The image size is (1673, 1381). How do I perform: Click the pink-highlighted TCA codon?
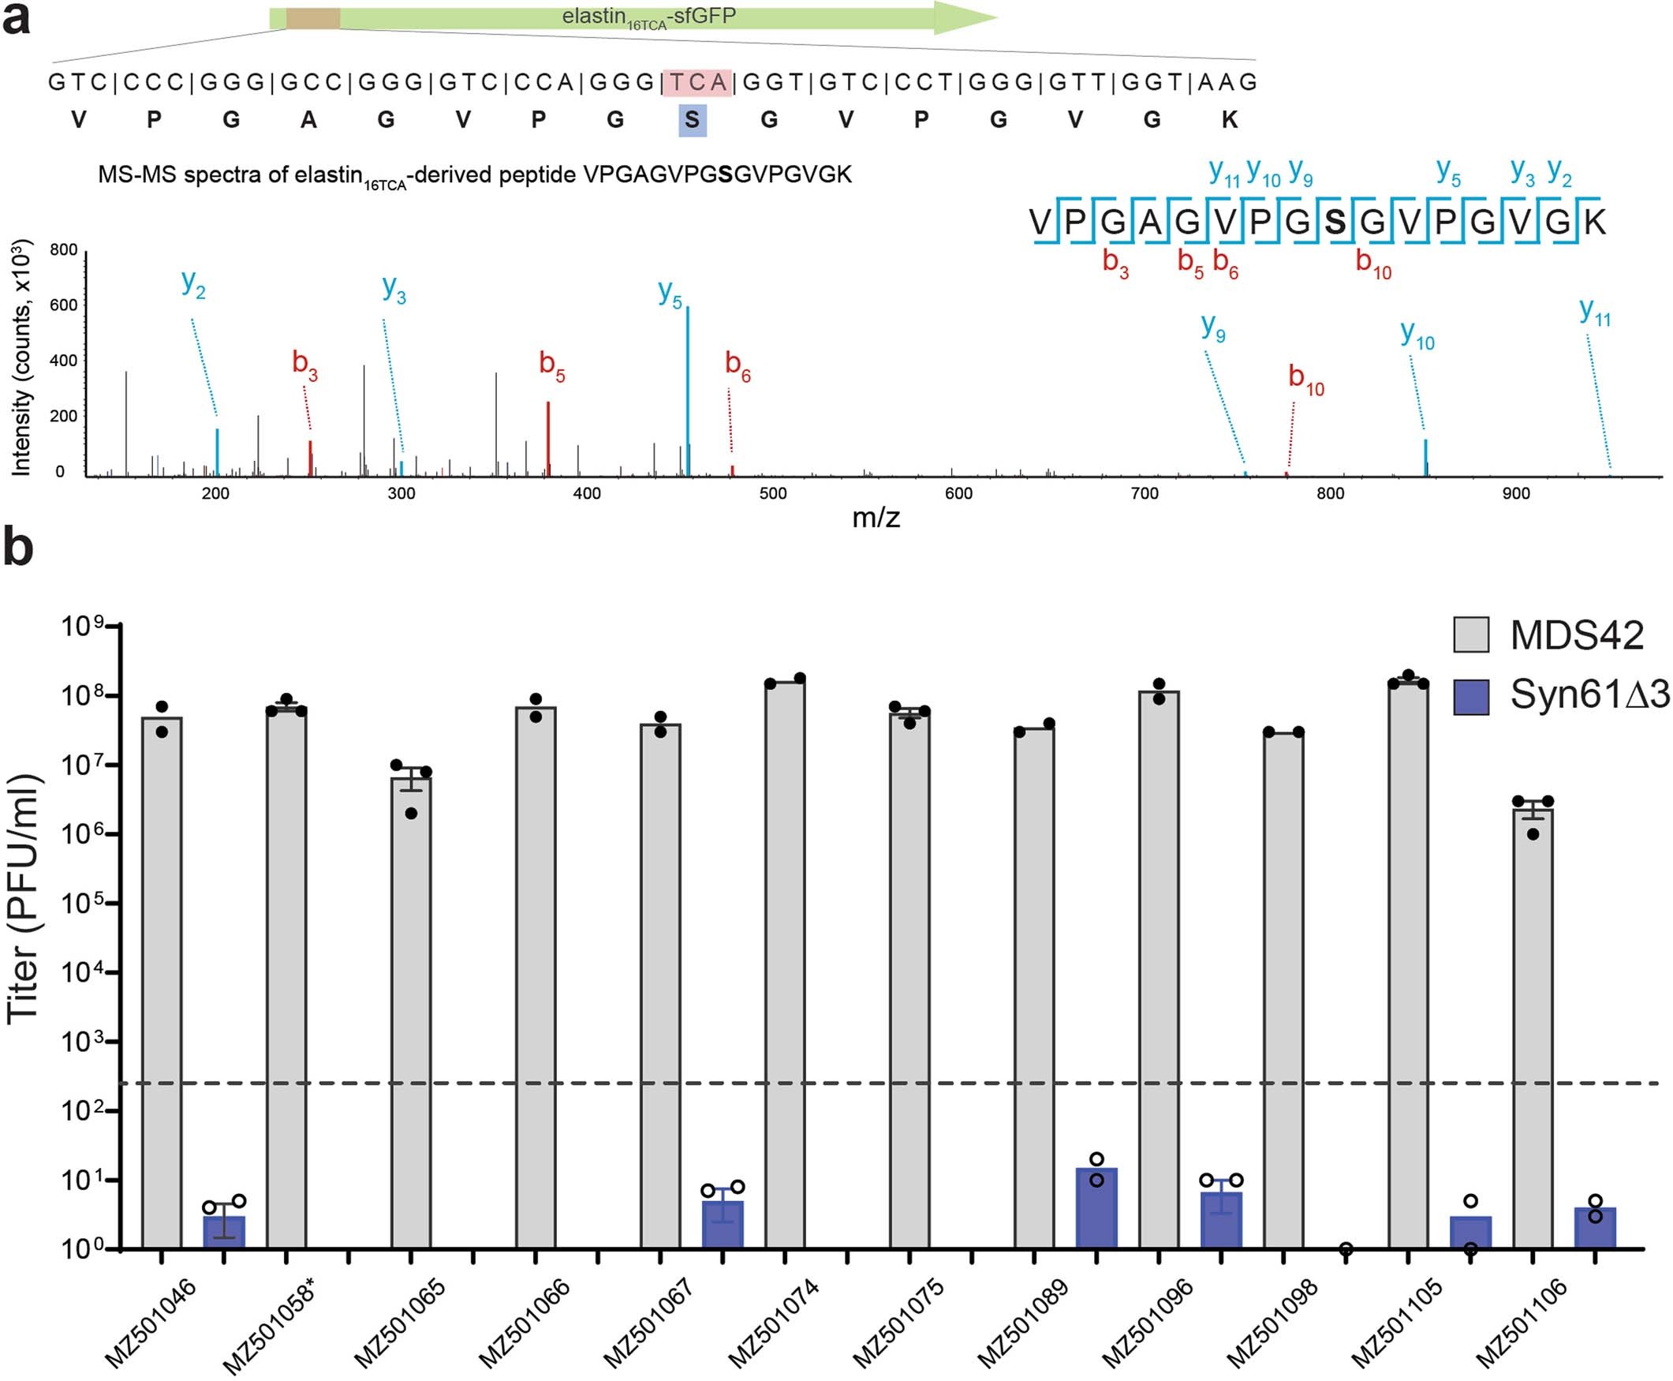pos(696,82)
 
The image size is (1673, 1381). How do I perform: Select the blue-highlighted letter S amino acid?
pos(692,120)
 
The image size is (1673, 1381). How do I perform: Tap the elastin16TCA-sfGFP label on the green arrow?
pos(649,17)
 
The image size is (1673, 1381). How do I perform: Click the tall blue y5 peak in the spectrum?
pos(688,390)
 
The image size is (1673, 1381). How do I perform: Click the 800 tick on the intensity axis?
pos(64,250)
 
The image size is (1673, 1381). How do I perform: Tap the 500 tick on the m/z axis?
pos(772,493)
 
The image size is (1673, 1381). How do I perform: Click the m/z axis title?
pos(876,518)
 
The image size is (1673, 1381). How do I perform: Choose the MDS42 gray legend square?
pos(1471,634)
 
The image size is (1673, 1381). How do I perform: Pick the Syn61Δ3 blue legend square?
pos(1471,696)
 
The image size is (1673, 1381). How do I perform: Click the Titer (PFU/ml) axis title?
pos(24,899)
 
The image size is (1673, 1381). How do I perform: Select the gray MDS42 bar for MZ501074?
pos(785,963)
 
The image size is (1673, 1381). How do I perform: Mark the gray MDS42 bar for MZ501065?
pos(411,1010)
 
